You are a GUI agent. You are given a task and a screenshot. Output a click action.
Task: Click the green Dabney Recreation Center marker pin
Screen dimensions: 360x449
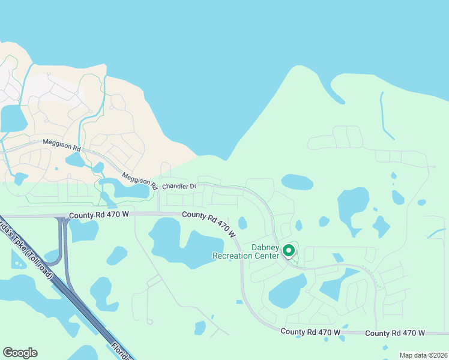point(289,250)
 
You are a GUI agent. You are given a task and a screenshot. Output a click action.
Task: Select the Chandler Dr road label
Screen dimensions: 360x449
point(179,187)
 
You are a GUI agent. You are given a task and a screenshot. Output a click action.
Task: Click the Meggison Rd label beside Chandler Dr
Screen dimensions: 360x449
point(139,179)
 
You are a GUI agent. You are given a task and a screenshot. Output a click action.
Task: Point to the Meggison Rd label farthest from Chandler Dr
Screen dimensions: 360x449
point(61,145)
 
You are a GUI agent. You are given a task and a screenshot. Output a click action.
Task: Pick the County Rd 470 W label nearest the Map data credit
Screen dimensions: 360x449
point(394,333)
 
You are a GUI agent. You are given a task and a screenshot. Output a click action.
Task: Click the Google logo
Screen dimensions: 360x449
point(20,353)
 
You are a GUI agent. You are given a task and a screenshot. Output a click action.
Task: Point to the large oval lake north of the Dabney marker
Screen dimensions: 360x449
point(297,181)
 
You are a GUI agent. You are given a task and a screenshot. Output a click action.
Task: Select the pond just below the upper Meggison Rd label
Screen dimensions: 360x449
point(75,160)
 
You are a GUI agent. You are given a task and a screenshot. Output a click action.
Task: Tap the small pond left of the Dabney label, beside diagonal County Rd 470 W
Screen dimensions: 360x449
point(243,223)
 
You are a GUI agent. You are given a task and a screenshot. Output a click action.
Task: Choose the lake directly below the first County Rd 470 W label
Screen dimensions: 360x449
point(84,230)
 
